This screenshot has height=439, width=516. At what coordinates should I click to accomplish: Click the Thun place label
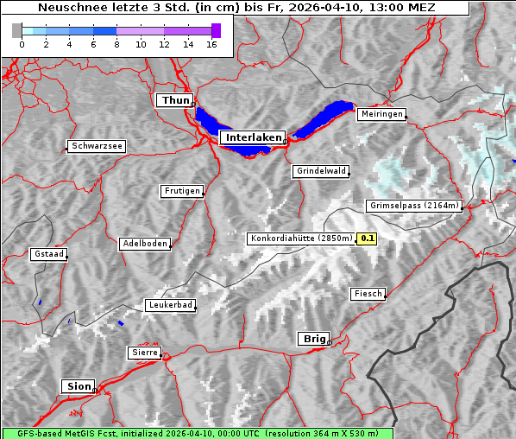click(175, 101)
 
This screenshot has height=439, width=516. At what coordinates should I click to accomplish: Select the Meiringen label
click(381, 114)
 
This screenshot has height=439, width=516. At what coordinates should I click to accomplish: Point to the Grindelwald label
click(321, 171)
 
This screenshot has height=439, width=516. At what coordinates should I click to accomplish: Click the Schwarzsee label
click(97, 146)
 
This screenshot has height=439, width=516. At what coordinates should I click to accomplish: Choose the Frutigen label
click(181, 191)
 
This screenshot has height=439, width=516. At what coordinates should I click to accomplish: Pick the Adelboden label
click(144, 244)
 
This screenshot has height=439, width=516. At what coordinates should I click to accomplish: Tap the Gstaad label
click(48, 254)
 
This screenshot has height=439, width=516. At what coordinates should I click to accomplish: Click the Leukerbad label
click(170, 305)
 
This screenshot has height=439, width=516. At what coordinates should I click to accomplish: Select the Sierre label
click(144, 353)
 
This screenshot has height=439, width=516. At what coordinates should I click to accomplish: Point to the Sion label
click(78, 386)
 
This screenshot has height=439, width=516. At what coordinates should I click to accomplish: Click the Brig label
click(312, 339)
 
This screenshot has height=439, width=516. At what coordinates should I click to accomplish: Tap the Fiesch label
click(368, 294)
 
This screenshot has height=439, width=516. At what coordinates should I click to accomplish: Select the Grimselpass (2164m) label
click(415, 206)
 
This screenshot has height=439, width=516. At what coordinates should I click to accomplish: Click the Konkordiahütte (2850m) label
click(301, 239)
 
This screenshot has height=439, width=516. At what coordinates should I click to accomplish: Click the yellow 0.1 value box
click(368, 239)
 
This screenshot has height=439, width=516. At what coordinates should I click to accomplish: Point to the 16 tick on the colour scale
click(212, 46)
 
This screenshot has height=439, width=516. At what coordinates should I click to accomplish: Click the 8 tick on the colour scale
click(116, 46)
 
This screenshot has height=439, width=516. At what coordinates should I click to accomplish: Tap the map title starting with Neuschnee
click(236, 8)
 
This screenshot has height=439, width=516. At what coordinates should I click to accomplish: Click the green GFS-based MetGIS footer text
click(197, 433)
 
